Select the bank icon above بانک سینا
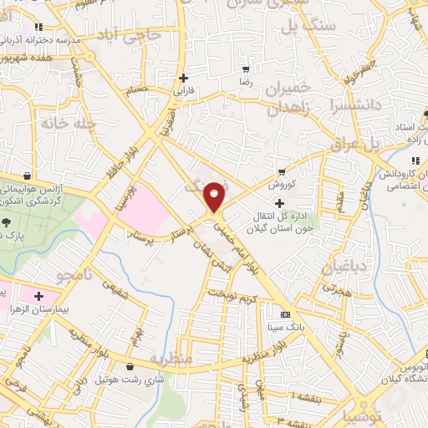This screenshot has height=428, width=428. pos(286,314)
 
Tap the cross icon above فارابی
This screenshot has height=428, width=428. pos(183,78)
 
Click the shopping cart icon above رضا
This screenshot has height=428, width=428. pos(245,69)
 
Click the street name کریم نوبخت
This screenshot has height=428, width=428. pos(229,295)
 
